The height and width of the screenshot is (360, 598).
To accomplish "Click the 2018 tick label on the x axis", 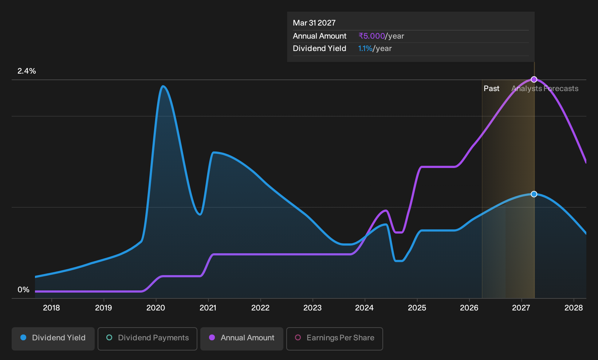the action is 51,308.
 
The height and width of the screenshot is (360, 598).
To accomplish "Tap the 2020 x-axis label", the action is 156,308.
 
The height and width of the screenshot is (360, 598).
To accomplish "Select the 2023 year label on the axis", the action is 312,308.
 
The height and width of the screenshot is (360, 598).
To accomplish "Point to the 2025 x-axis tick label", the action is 417,308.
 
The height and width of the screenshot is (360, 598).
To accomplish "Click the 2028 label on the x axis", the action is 574,308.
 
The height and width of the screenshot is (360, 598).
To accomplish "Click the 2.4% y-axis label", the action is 27,71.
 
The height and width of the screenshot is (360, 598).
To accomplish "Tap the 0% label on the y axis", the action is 24,290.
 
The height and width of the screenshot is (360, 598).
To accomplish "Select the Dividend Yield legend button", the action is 53,339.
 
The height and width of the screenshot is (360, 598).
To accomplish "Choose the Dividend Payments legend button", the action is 147,339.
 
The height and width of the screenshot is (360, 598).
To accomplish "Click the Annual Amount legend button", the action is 241,339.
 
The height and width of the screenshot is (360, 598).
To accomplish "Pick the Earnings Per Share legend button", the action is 334,339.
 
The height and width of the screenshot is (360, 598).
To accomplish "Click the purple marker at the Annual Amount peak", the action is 534,79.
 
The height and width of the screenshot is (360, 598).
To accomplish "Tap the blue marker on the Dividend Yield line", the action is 534,194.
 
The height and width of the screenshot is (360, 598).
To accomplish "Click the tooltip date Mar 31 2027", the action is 314,23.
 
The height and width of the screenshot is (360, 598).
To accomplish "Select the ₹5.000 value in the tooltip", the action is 371,36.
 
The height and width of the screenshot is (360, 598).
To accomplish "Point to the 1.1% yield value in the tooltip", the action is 365,48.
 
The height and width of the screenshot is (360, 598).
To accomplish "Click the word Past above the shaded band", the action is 492,89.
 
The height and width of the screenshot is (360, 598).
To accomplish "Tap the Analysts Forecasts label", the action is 545,89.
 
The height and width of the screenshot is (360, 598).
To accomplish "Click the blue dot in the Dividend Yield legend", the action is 24,337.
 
